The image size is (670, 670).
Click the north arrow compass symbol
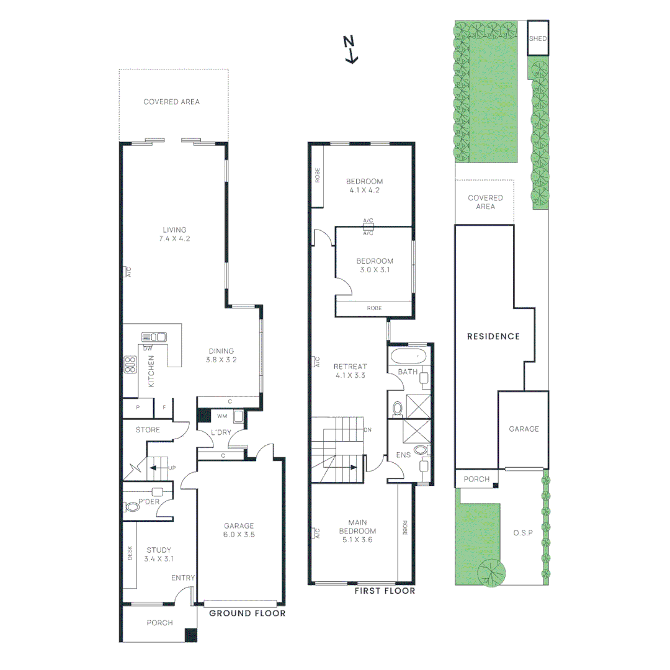351,50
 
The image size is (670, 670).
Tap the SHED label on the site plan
538,38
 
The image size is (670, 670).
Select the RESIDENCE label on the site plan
493,336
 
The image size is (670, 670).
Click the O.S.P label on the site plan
523,533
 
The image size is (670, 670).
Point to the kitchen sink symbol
154,337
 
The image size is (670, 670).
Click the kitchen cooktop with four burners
130,364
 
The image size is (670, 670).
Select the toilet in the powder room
132,507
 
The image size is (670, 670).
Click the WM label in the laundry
221,416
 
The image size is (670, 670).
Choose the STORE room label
148,429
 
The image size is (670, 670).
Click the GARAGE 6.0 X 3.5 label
239,530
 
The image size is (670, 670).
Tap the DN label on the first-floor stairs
367,429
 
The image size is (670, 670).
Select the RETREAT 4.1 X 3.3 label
351,370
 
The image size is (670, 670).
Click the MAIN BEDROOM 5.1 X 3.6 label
357,531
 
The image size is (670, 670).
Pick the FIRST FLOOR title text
385,591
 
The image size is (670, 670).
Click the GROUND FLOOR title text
247,614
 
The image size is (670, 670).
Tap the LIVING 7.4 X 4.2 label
174,234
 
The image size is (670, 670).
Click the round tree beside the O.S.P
491,572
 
